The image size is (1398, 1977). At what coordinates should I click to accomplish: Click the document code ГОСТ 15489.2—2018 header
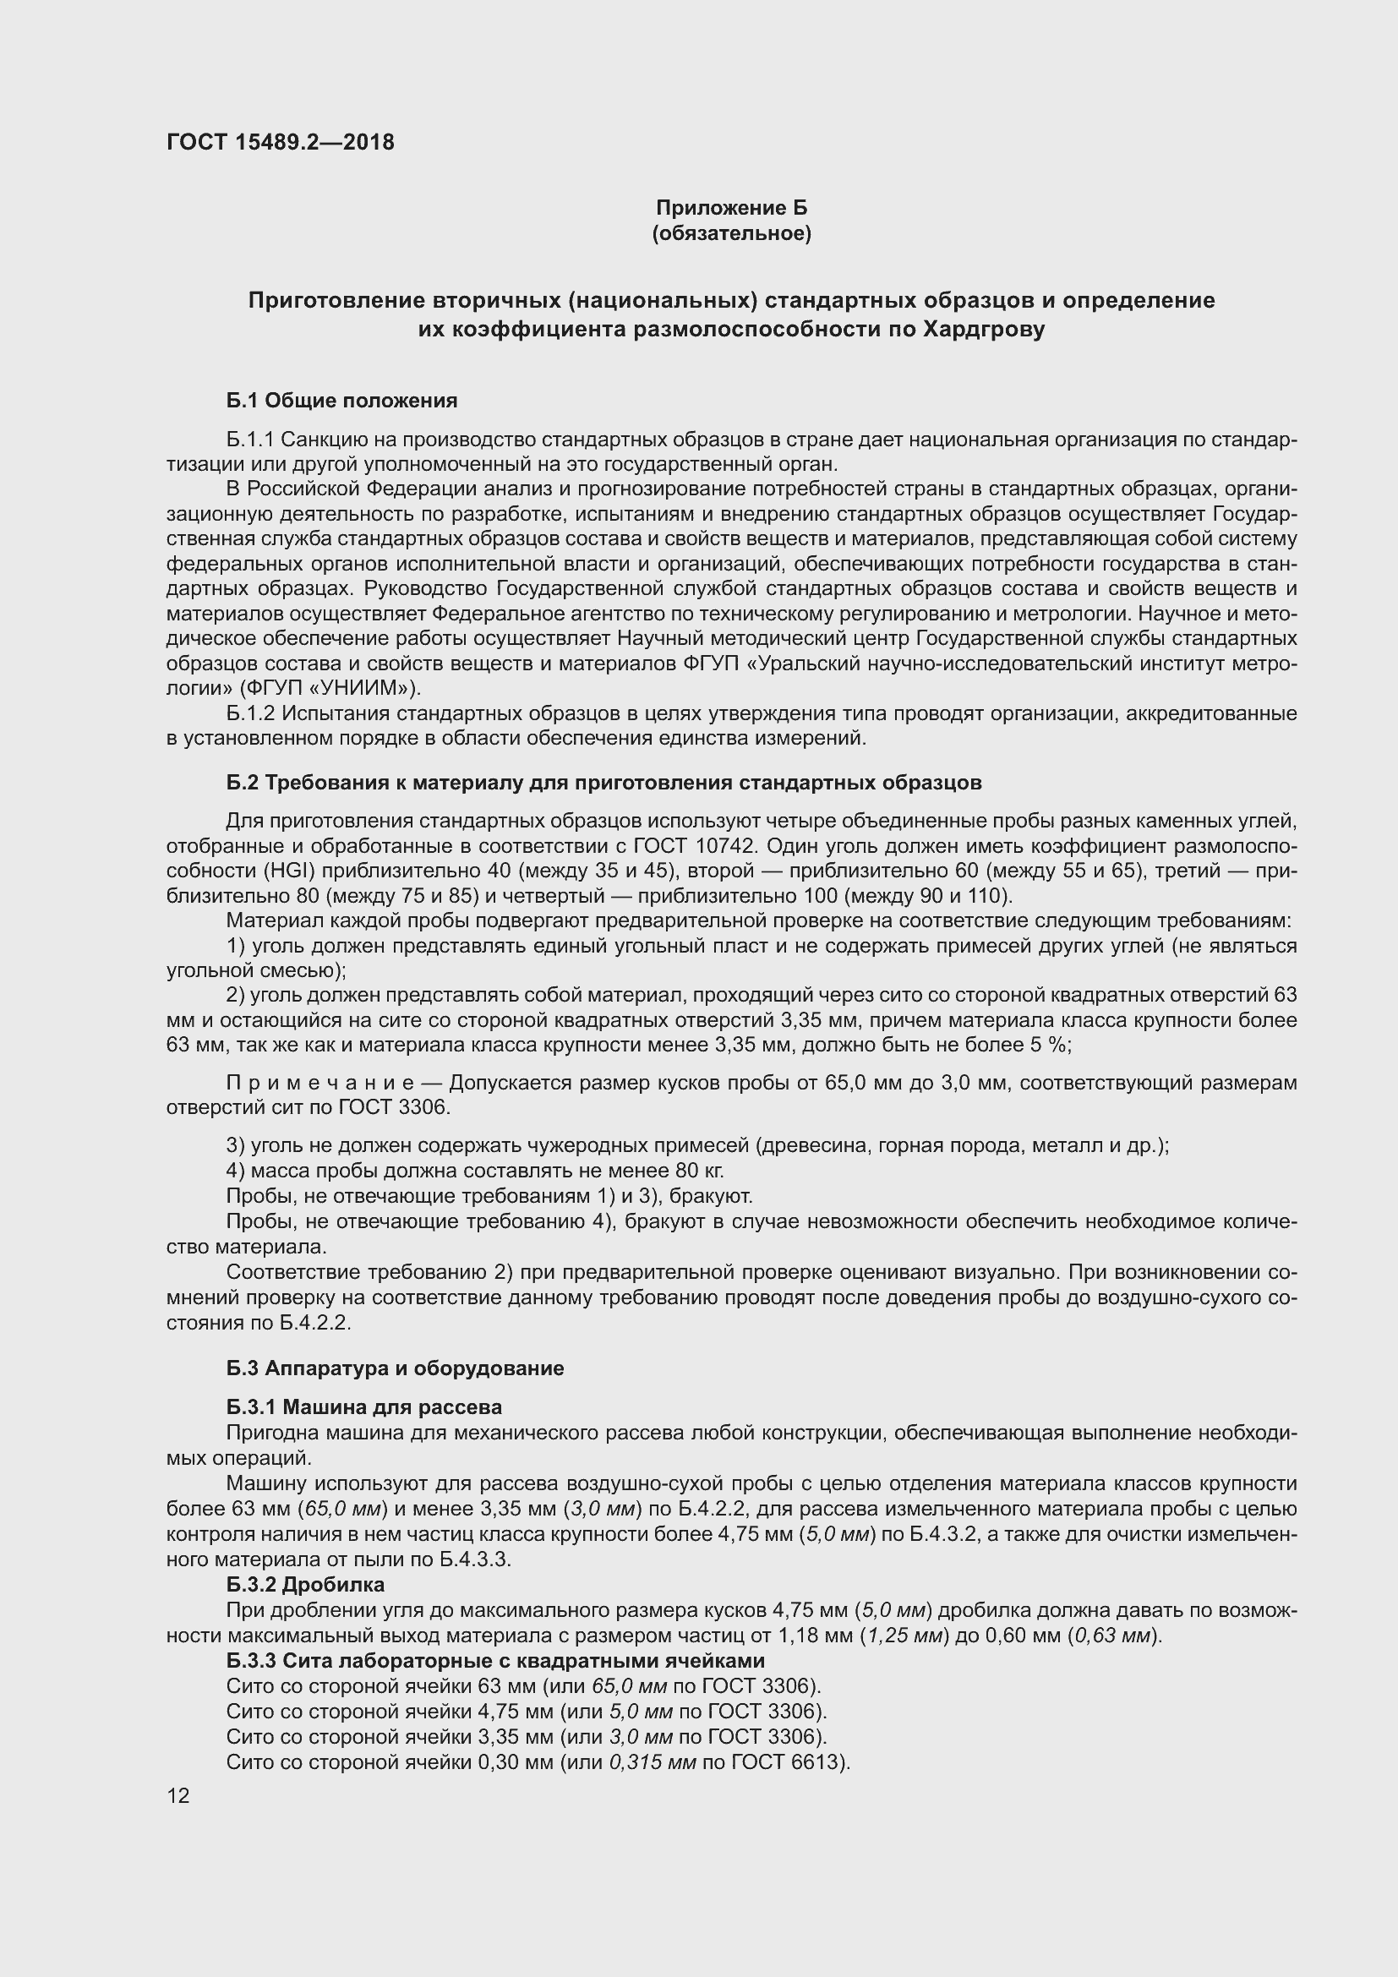tap(280, 142)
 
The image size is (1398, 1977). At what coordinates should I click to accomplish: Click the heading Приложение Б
tap(731, 208)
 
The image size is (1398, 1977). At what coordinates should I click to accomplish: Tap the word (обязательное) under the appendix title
tap(731, 233)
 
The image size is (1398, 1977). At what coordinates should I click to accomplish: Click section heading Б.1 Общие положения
tap(341, 401)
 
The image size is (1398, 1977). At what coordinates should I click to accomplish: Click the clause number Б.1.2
tap(250, 714)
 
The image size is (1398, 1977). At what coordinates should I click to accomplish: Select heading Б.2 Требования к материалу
tap(603, 783)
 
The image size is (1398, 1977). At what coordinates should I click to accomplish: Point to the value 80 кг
tap(700, 1170)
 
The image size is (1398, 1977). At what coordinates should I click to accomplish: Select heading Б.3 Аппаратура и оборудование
tap(395, 1368)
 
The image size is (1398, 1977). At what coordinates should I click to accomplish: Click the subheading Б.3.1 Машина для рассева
tap(364, 1407)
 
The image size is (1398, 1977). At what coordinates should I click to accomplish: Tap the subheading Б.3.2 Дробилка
tap(306, 1584)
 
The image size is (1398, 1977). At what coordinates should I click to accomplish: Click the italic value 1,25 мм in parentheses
tap(904, 1636)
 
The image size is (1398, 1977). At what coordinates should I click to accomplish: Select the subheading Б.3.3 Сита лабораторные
tap(495, 1660)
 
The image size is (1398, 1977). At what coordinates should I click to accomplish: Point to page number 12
tap(178, 1795)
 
